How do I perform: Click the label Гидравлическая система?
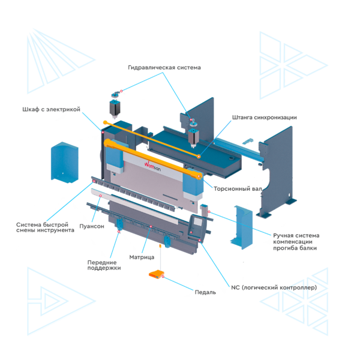click(164, 67)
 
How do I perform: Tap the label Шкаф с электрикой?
click(52, 109)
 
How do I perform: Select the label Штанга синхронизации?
click(265, 118)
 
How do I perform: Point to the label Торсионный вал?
click(238, 189)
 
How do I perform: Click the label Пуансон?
click(92, 226)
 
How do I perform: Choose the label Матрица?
click(142, 257)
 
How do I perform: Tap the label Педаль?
click(205, 292)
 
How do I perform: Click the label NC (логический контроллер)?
click(274, 287)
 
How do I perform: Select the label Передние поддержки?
click(104, 265)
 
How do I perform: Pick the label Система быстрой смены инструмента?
click(45, 227)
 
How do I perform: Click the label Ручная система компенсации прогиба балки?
click(296, 242)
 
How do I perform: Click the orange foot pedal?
click(157, 274)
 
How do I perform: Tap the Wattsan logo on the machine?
click(152, 166)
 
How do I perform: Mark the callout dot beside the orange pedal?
click(163, 277)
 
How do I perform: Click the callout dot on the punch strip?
click(100, 196)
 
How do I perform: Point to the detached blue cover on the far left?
click(65, 163)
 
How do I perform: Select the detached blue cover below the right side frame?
click(242, 227)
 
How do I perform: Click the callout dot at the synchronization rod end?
click(199, 157)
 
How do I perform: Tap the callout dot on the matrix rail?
click(151, 227)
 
